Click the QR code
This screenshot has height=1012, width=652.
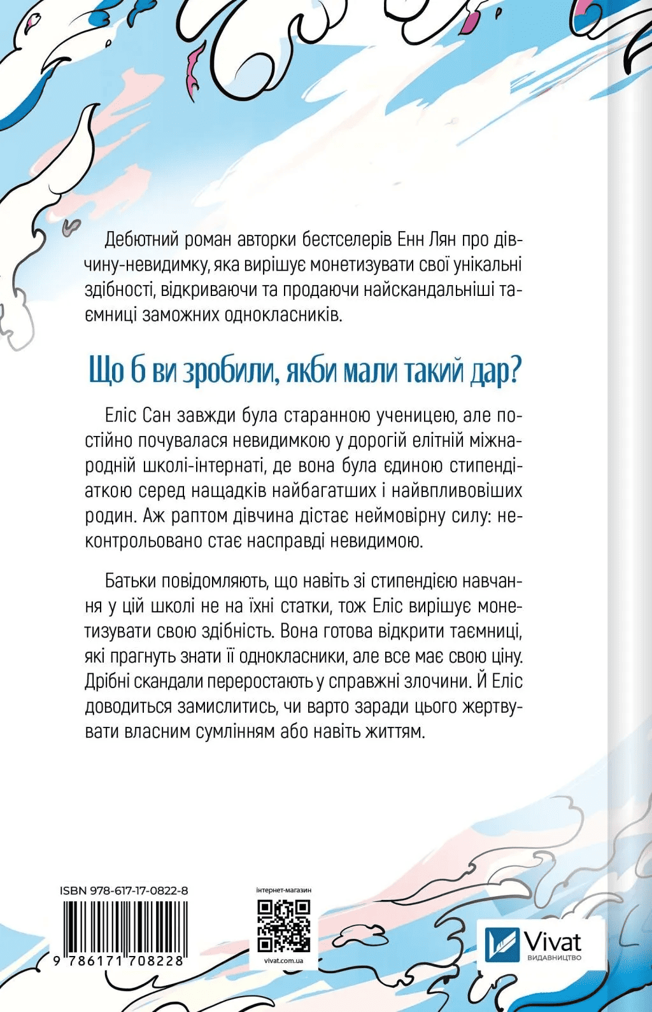pos(283,926)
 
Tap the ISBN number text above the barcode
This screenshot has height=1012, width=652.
pos(124,890)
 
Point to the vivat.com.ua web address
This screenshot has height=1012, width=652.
pos(283,961)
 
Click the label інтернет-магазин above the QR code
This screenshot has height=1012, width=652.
pos(283,890)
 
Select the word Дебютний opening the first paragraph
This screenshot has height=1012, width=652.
pos(144,240)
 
